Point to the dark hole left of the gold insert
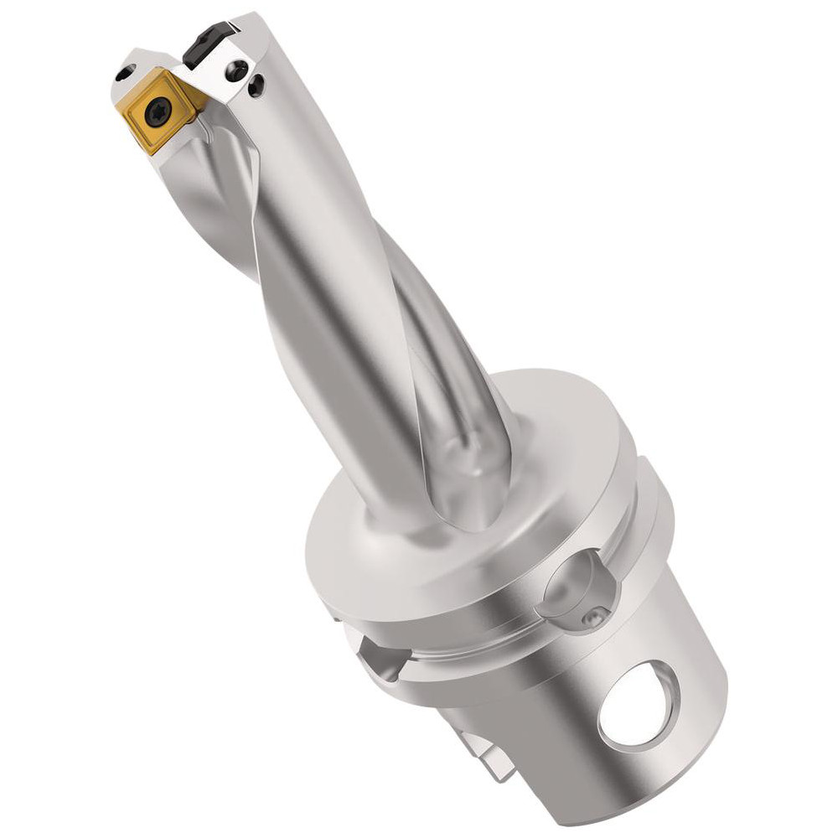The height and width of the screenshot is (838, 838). pyautogui.click(x=125, y=75)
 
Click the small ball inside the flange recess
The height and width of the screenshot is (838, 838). pyautogui.click(x=593, y=618)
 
